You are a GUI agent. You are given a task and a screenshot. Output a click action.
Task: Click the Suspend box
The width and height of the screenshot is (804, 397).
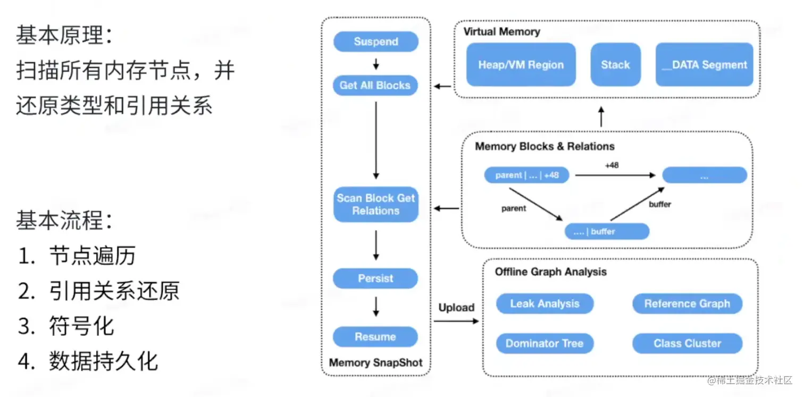375,42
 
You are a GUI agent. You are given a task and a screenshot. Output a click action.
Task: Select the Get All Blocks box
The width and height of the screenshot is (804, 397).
375,85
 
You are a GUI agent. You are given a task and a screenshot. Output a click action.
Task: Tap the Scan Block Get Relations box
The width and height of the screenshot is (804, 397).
375,205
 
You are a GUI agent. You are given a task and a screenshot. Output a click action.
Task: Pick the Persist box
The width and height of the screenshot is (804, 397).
375,278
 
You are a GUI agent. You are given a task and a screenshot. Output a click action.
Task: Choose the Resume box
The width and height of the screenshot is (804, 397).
375,337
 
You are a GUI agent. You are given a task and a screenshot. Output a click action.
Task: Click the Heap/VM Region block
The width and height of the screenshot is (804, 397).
521,65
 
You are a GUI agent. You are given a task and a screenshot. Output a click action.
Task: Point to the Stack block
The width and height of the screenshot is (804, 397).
615,65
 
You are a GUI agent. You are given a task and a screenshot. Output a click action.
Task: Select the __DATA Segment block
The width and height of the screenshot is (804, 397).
704,65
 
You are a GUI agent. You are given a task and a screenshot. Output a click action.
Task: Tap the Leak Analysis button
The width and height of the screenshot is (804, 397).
545,303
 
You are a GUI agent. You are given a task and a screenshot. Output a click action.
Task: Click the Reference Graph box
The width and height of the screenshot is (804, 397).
687,303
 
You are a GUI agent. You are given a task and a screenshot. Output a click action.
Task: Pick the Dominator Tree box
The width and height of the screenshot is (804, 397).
545,343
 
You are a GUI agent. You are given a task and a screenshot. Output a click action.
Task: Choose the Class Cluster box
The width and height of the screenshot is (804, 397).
687,343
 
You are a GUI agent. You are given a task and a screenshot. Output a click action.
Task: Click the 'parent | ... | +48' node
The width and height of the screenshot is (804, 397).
526,175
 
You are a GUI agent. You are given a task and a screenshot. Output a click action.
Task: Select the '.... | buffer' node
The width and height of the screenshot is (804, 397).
607,232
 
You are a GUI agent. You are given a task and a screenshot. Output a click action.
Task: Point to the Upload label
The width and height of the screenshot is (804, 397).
456,308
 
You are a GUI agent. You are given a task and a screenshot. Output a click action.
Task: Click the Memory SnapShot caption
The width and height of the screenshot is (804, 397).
375,363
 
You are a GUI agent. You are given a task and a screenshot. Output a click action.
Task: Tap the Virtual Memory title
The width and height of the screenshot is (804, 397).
501,31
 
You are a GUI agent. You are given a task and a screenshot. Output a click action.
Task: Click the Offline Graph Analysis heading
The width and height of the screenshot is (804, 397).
550,272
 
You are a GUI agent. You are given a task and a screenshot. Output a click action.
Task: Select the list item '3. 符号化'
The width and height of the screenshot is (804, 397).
66,326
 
